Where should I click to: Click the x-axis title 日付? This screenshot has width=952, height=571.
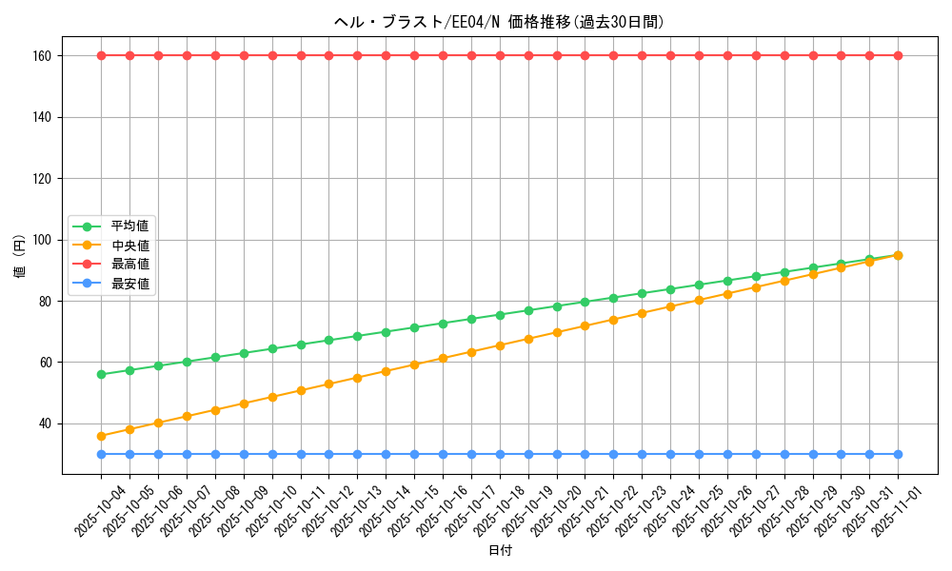point(500,551)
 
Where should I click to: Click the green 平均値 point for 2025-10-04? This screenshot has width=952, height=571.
point(101,374)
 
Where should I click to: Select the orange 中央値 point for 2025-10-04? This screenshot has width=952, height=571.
point(101,436)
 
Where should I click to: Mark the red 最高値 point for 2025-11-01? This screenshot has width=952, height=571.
point(898,56)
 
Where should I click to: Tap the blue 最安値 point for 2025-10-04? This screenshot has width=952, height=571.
point(101,454)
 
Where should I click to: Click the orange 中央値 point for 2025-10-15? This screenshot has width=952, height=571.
point(414,364)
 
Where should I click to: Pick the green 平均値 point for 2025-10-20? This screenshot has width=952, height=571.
point(557,306)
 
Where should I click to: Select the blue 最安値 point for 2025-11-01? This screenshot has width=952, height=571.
point(898,454)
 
